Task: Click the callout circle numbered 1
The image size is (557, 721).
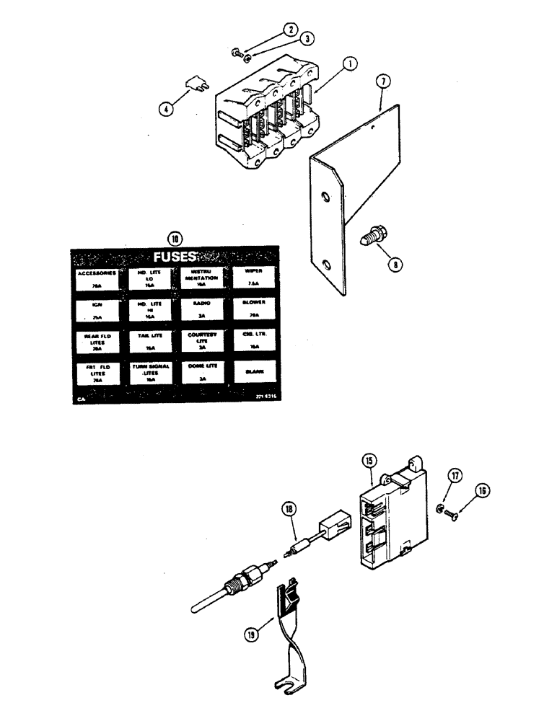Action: click(348, 63)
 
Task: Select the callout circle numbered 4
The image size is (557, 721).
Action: click(168, 110)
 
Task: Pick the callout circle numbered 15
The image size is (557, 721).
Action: click(369, 459)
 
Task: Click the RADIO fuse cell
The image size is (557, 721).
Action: click(201, 309)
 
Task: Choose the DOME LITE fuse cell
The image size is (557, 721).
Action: click(201, 371)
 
